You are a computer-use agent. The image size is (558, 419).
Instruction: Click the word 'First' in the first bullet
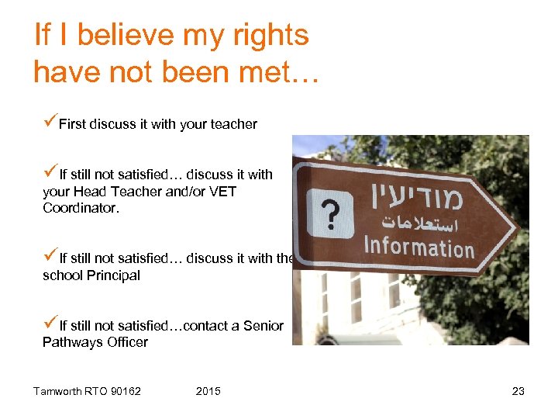[72, 124]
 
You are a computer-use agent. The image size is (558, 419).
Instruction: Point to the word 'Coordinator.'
[81, 209]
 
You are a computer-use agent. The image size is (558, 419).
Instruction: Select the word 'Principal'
[111, 275]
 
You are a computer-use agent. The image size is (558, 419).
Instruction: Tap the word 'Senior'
[263, 326]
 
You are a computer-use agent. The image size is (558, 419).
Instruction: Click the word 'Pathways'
[69, 342]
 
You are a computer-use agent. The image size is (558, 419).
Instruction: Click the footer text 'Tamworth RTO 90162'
[87, 391]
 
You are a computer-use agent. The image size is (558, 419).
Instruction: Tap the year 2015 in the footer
[208, 391]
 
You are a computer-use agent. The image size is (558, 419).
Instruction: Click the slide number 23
[518, 391]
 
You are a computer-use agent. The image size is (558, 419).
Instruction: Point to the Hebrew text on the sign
[419, 195]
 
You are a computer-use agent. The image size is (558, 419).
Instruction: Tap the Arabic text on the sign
[419, 223]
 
